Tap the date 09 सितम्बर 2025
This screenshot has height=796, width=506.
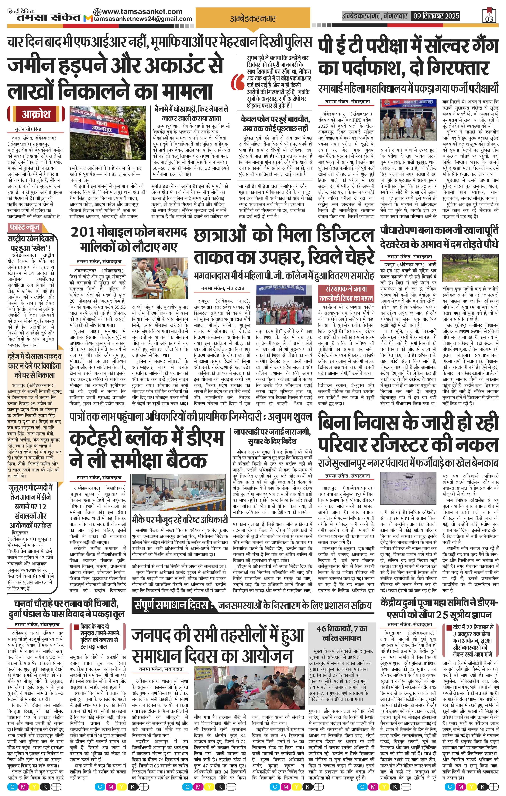[x=435, y=16]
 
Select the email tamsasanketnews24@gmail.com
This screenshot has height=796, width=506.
[x=143, y=19]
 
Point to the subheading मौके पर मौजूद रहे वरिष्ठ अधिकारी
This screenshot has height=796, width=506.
[x=180, y=520]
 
